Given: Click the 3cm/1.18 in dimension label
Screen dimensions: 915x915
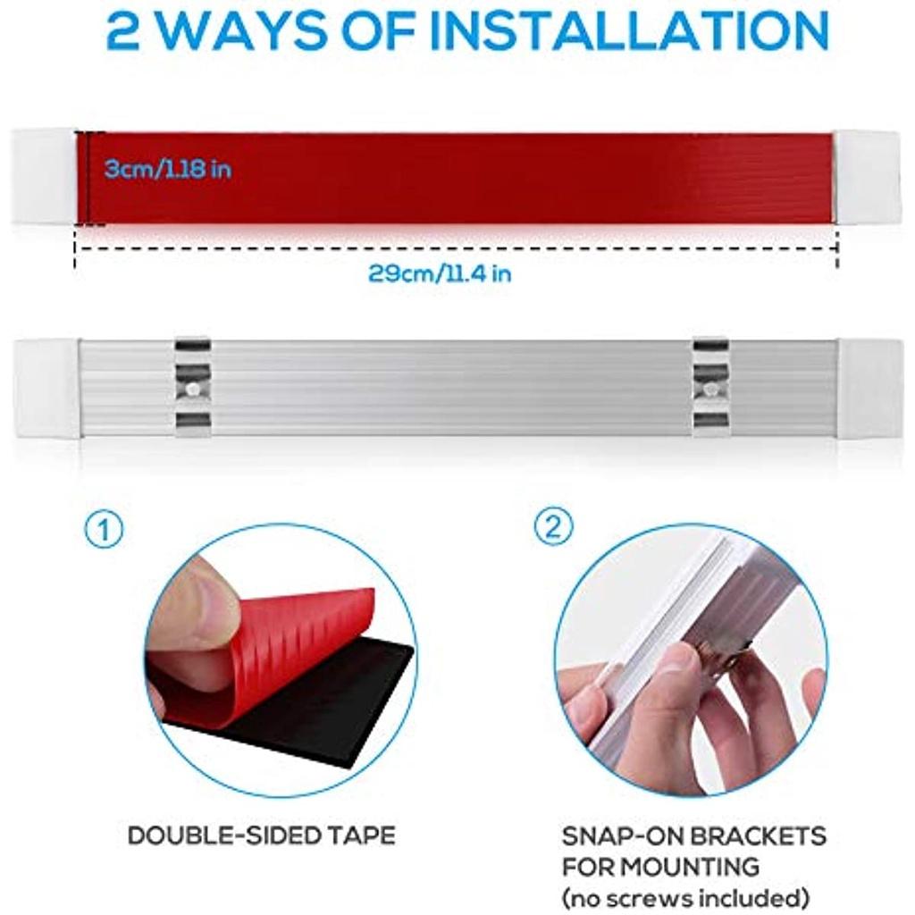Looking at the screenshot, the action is (x=168, y=169).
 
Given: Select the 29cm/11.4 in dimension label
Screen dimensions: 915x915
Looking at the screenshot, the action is (x=440, y=273).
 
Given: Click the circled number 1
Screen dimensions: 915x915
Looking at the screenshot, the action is (x=105, y=530).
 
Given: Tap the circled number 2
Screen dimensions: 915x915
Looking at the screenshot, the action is (x=554, y=527).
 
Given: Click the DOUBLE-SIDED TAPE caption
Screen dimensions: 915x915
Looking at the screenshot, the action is (x=262, y=835).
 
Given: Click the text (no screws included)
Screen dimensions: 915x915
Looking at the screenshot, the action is (x=685, y=897).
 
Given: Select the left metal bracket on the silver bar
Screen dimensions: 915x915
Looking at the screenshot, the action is (x=193, y=386).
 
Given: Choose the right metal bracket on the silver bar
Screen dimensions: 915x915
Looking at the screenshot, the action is (x=711, y=386).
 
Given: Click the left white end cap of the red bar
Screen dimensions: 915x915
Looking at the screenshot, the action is (x=45, y=177).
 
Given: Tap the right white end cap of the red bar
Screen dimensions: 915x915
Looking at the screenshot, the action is (x=867, y=177).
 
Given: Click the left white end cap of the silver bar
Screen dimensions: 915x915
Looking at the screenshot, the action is (x=46, y=388).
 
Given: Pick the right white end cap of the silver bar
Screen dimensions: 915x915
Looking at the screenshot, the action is (x=870, y=388).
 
